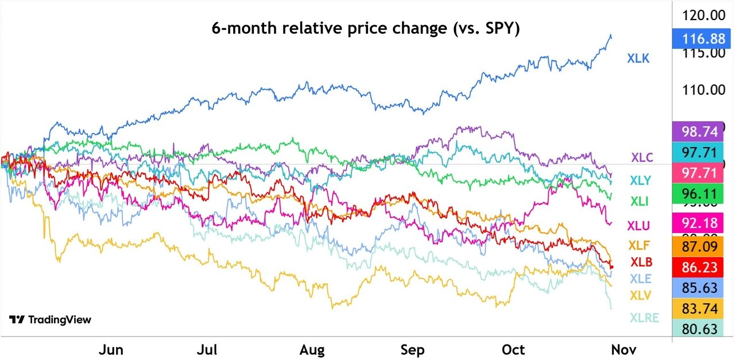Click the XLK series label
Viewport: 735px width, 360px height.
tap(638, 58)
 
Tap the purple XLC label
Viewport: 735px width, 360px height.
tap(641, 157)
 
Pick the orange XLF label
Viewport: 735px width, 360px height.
tap(640, 245)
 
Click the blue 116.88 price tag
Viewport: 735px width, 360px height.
tap(701, 39)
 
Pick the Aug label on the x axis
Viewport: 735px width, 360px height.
tap(312, 349)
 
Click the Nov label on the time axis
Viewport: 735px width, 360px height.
tap(623, 349)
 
